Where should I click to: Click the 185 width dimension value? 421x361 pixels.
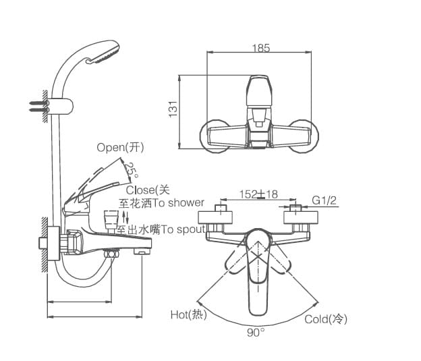coord(261,48)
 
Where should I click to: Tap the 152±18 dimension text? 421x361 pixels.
coord(258,194)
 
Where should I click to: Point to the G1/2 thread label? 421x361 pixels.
coord(324,200)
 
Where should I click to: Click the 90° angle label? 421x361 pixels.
coord(256,331)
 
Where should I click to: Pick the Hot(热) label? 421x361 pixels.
coord(188,314)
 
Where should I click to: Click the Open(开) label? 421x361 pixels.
coord(120,147)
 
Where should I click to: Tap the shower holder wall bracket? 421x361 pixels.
coord(62,105)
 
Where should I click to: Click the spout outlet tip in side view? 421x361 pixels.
coord(142,252)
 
